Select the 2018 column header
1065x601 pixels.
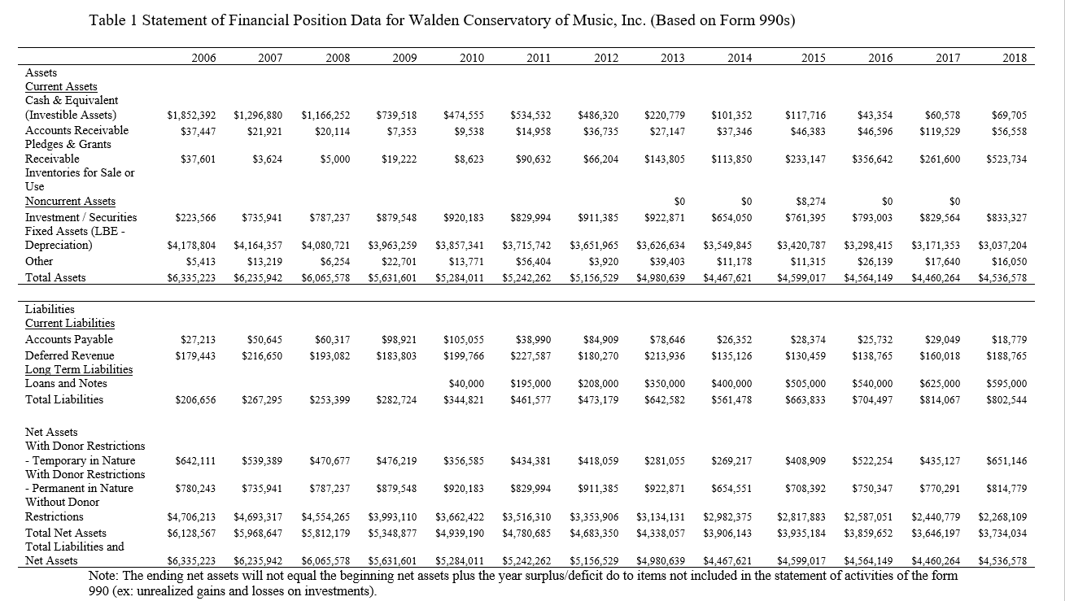pyautogui.click(x=1014, y=58)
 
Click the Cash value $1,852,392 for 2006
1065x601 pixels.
pyautogui.click(x=191, y=115)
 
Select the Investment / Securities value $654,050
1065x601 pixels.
pyautogui.click(x=732, y=218)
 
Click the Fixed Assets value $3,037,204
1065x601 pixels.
pyautogui.click(x=1002, y=245)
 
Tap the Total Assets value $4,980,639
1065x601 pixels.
pyautogui.click(x=661, y=277)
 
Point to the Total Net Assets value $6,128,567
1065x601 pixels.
pyautogui.click(x=191, y=533)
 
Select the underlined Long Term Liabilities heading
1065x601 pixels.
pyautogui.click(x=79, y=369)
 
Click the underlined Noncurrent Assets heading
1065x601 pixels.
pyautogui.click(x=70, y=201)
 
